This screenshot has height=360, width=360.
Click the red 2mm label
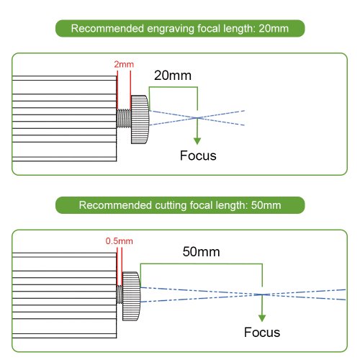point(124,64)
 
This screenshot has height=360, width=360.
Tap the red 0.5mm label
point(120,241)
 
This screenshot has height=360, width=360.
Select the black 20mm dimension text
point(173,76)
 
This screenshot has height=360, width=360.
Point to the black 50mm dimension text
point(201,252)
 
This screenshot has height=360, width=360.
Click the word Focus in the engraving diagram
point(198,156)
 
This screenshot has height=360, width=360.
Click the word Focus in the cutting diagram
point(262,333)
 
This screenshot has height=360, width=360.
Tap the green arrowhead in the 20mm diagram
point(197,141)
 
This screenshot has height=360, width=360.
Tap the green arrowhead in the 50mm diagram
point(262,318)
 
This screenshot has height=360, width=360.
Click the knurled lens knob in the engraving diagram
point(140,120)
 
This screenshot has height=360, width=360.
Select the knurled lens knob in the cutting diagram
point(131,296)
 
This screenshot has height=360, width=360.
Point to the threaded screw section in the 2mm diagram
point(124,119)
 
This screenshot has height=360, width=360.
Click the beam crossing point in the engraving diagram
point(197,118)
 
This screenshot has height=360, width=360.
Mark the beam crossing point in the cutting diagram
point(262,294)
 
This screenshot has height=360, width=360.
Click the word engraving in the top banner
point(171,29)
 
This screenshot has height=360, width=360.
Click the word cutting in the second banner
point(171,205)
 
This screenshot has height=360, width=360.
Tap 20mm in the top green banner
point(274,29)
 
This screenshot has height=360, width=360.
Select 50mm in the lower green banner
point(266,205)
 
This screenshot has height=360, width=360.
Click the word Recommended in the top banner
point(107,29)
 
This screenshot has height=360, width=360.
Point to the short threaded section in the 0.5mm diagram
point(120,294)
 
